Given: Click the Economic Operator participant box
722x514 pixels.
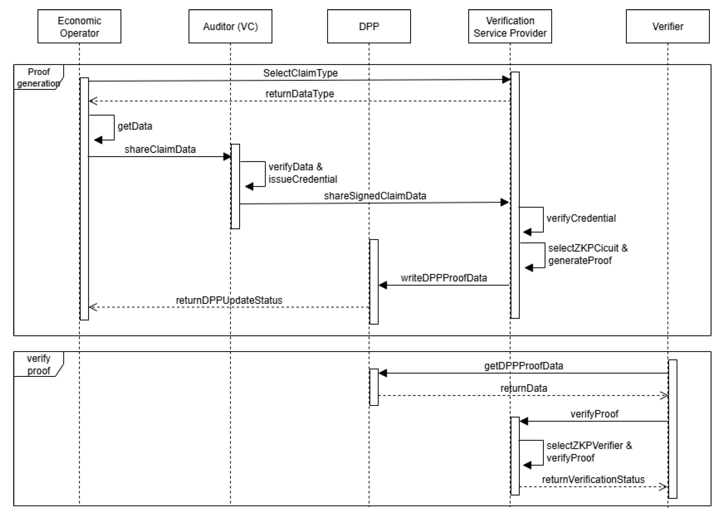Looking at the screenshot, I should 79,26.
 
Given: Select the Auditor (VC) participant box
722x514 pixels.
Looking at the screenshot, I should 230,26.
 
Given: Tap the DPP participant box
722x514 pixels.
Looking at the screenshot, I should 369,26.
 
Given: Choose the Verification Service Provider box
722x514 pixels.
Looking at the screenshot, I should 510,26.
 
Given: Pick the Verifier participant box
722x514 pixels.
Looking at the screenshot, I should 667,26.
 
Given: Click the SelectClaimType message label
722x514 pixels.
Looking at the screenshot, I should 300,73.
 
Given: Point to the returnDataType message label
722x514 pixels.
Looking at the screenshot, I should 300,94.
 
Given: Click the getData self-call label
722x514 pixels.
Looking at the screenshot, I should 135,126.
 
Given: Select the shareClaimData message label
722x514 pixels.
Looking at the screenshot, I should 160,149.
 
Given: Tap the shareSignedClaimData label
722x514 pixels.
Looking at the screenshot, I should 375,196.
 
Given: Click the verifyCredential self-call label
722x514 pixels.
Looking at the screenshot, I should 581,218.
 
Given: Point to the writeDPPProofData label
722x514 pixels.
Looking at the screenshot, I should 444,278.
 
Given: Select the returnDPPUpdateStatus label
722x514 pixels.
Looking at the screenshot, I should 229,300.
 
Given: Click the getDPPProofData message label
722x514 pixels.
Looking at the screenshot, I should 523,366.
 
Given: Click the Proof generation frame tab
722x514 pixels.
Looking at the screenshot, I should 38,77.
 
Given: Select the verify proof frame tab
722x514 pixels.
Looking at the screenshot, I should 38,364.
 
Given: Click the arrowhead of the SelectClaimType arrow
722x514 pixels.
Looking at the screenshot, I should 506,79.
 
